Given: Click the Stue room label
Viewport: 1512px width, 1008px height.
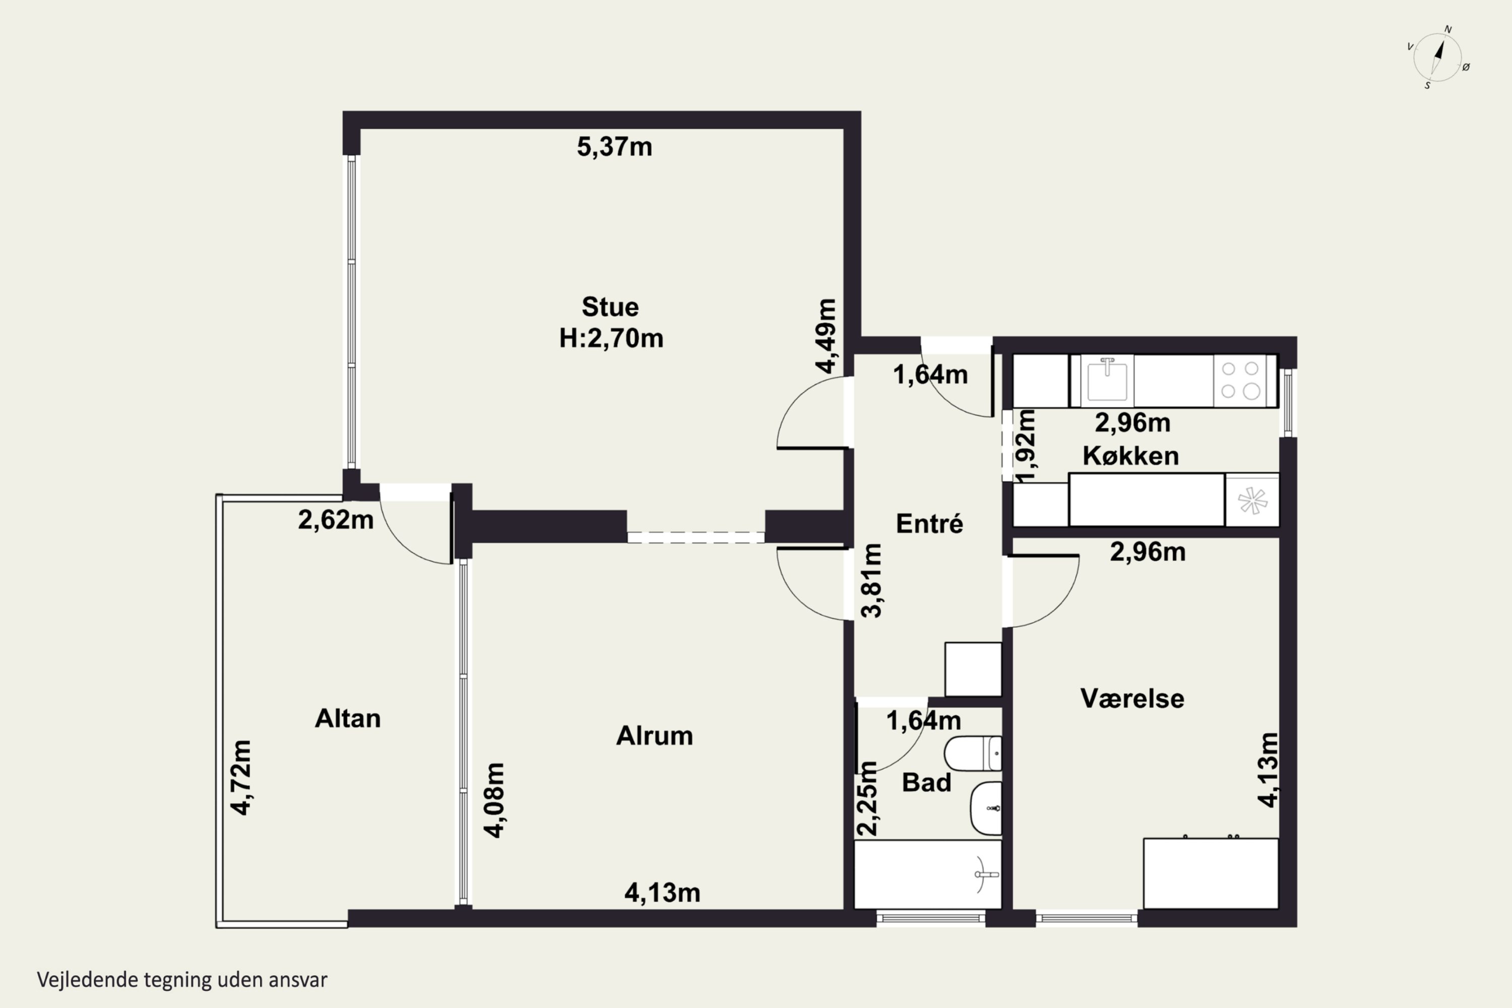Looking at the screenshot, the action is pos(610,307).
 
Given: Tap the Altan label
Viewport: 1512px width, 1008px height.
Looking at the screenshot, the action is pos(348,719).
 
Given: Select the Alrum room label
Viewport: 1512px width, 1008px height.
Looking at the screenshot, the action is pos(654,736).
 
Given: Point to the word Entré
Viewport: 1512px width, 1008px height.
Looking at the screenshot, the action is pos(929,524).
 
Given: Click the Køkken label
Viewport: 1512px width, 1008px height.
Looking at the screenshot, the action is pos(1131,456).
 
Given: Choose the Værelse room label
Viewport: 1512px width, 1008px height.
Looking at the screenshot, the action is pos(1132,699).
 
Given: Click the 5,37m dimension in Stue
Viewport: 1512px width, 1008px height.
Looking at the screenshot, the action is pos(614,147).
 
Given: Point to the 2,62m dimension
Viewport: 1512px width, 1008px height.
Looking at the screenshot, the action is pos(336,520).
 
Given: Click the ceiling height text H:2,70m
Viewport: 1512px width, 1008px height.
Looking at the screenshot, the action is pos(611,338).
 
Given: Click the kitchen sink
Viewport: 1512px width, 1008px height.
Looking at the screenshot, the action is pos(1107,381).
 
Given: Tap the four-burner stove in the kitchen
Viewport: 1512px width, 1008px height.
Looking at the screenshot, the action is pos(1240,381).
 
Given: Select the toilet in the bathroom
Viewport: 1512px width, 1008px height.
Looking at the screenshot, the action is pos(973,753).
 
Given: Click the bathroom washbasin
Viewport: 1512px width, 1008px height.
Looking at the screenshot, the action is pos(985,808).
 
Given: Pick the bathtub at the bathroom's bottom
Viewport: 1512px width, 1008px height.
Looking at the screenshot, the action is pos(928,874).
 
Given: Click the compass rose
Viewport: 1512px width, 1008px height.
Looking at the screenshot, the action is pos(1438,58).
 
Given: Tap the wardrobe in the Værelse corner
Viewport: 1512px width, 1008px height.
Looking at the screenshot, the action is pos(1211,873).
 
